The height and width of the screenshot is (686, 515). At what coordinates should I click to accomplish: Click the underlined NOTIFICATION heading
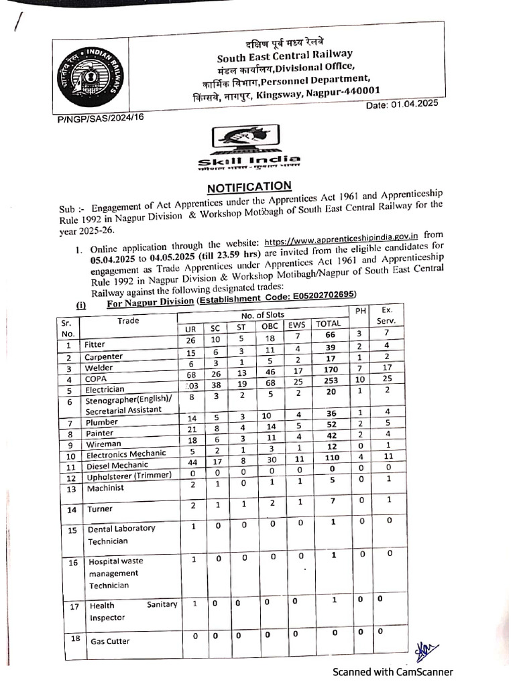click(249, 186)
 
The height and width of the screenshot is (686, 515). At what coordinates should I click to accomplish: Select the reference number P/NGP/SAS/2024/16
click(101, 117)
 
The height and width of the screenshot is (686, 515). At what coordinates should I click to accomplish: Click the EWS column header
click(296, 326)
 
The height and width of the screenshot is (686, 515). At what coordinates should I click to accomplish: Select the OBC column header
click(270, 326)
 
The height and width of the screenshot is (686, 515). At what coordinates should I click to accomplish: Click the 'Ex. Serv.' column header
click(386, 316)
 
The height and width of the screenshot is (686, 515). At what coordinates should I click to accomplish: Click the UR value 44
click(190, 463)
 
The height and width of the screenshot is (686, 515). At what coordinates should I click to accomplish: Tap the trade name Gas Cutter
click(109, 641)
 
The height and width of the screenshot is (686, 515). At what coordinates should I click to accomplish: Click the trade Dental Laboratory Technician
click(121, 534)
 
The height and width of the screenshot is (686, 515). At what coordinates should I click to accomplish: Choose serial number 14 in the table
click(72, 509)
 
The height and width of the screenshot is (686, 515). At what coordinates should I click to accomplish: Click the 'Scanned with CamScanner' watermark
click(394, 672)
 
